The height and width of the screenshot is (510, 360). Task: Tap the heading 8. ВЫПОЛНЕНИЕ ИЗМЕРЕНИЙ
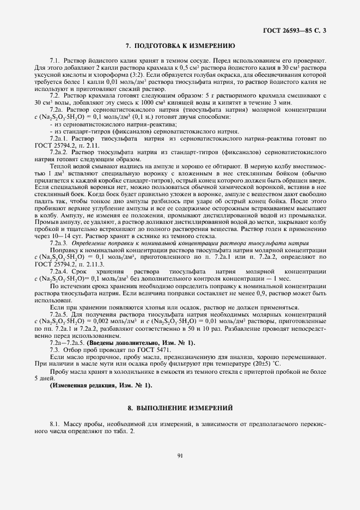coord(180,407)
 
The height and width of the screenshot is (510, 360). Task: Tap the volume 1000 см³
coord(118,102)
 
